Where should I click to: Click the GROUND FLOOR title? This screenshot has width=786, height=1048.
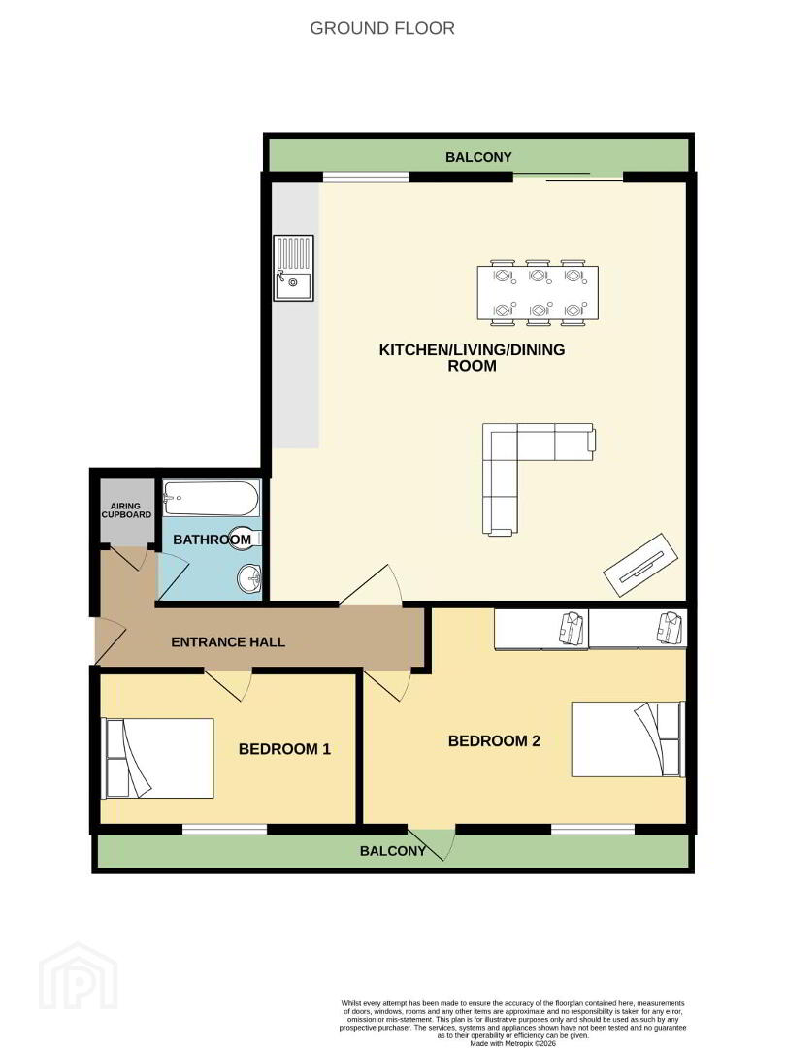coord(382,28)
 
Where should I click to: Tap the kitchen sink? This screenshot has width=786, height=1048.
coord(293,268)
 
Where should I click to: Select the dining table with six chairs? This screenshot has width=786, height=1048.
coord(538,293)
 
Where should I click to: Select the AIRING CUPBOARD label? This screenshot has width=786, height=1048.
coord(126,510)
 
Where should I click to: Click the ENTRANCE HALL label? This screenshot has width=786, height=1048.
coord(228,642)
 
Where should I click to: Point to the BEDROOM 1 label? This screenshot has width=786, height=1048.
coord(284,749)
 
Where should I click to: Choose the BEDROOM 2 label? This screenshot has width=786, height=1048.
coord(494,741)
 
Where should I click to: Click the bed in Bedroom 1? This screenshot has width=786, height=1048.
coord(157,759)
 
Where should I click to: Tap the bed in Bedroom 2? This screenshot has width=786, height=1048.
coord(628,738)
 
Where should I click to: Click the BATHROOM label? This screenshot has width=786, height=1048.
coord(212,540)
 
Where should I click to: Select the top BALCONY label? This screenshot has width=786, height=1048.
coord(478,158)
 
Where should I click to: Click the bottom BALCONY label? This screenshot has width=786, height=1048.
coord(392,851)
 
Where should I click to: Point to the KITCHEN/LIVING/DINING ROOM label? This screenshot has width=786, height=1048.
coord(472,357)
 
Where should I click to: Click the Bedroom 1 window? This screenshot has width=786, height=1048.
coord(224,830)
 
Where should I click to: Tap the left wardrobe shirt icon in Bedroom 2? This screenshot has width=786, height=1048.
coord(573,628)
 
